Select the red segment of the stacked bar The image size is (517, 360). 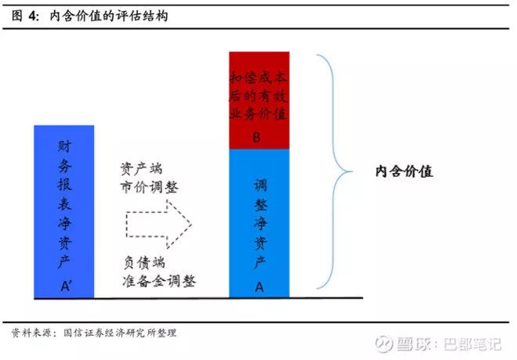tap(259, 100)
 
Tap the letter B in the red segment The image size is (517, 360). tap(257, 137)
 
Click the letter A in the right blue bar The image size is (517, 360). tap(259, 287)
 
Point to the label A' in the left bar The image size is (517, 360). tap(65, 286)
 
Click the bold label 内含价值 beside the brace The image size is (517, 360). tap(404, 171)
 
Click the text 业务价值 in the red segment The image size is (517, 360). tap(258, 114)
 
